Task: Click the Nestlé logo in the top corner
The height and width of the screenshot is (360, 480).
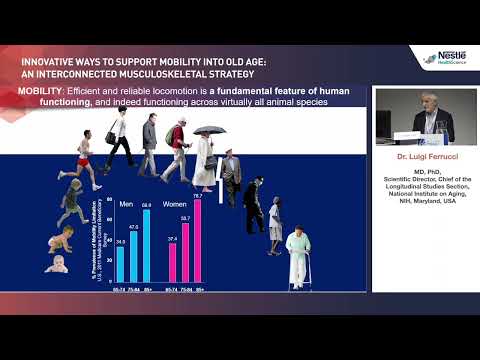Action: pos(450,59)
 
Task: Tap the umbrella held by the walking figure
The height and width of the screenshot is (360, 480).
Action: pos(209,131)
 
